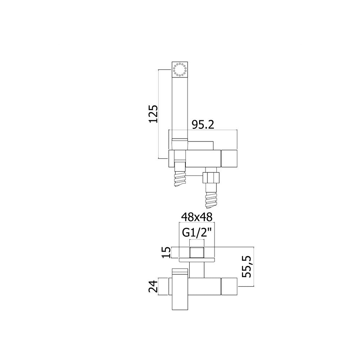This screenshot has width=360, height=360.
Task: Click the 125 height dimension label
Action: [153, 114]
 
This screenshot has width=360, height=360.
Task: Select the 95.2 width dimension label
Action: [203, 125]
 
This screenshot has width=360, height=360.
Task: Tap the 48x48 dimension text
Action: [197, 217]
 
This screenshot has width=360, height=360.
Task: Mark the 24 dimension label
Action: [153, 286]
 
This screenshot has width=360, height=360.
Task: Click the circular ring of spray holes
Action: [180, 69]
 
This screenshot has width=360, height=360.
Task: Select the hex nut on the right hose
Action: [211, 177]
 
